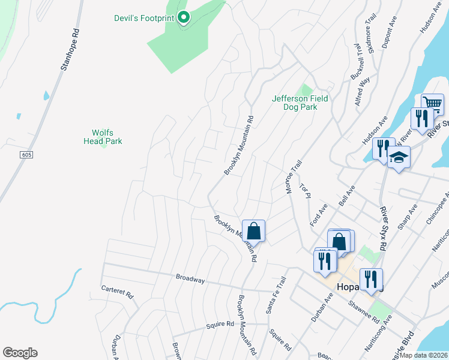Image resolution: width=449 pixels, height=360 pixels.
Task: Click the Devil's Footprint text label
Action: (x=143, y=18)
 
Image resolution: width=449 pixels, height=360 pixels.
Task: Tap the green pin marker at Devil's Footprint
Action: (x=184, y=17)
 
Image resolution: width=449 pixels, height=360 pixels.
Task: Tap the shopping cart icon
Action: (x=432, y=104)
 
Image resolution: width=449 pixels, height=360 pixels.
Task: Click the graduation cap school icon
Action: (x=399, y=158)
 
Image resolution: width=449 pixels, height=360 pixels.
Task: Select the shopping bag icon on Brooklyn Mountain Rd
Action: (x=253, y=231)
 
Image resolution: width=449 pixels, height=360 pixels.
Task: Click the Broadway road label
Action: (x=190, y=279)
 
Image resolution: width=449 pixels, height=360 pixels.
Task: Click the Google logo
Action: (x=20, y=353)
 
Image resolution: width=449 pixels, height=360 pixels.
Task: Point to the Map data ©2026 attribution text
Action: (x=424, y=355)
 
